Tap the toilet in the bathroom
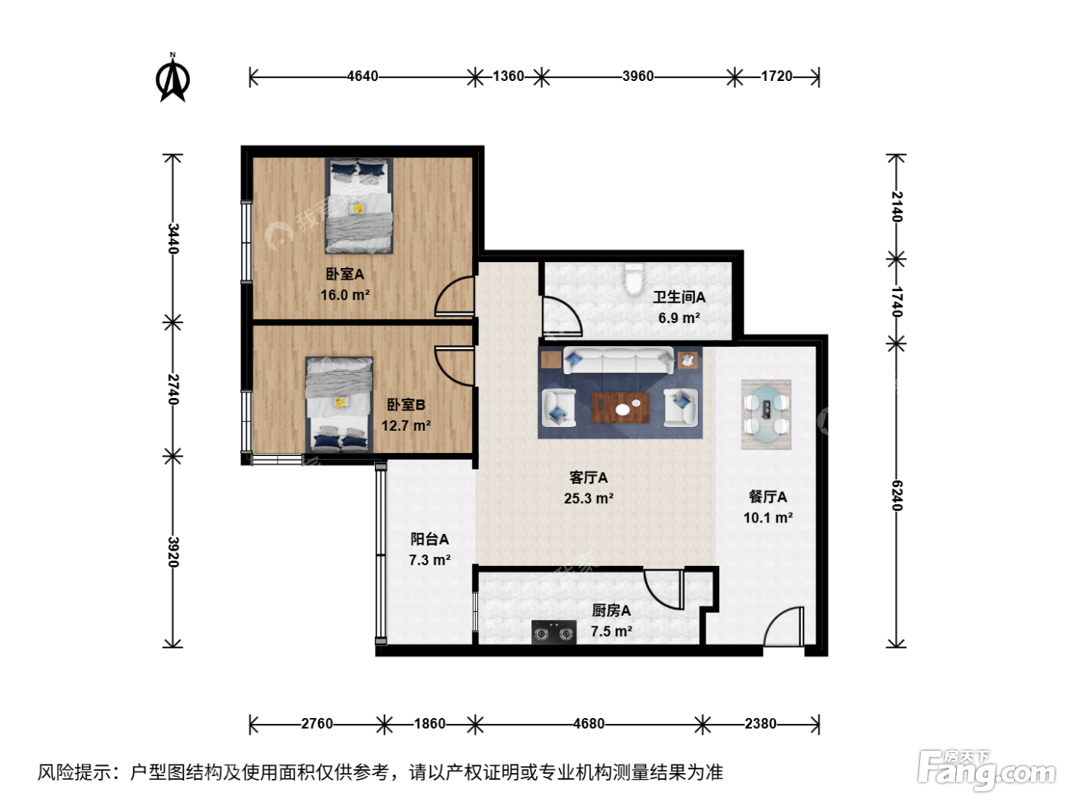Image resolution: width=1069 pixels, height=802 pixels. pyautogui.click(x=634, y=279)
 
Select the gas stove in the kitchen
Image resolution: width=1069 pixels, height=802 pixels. pyautogui.click(x=554, y=632)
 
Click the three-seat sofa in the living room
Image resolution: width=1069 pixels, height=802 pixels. pyautogui.click(x=618, y=359)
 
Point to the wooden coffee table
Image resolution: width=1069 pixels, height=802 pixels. pyautogui.click(x=621, y=408)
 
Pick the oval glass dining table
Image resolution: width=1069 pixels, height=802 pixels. pyautogui.click(x=767, y=414)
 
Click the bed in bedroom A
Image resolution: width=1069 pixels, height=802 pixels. pyautogui.click(x=359, y=205)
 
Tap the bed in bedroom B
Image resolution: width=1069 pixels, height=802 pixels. pyautogui.click(x=340, y=405)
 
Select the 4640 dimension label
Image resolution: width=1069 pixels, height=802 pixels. pyautogui.click(x=363, y=76)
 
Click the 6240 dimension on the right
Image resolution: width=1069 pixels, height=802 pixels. pyautogui.click(x=896, y=495)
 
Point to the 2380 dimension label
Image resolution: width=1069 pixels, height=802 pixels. pyautogui.click(x=761, y=723)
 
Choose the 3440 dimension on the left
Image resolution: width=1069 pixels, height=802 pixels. pyautogui.click(x=173, y=238)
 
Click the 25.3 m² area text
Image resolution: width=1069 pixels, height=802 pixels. pyautogui.click(x=588, y=499)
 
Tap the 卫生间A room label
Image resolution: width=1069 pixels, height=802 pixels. pyautogui.click(x=679, y=296)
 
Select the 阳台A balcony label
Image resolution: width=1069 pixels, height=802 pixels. pyautogui.click(x=429, y=539)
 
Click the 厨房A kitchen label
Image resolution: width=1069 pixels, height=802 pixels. pyautogui.click(x=611, y=610)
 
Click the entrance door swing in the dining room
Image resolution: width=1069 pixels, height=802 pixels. pyautogui.click(x=783, y=626)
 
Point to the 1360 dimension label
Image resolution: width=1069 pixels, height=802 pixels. pyautogui.click(x=508, y=76)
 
